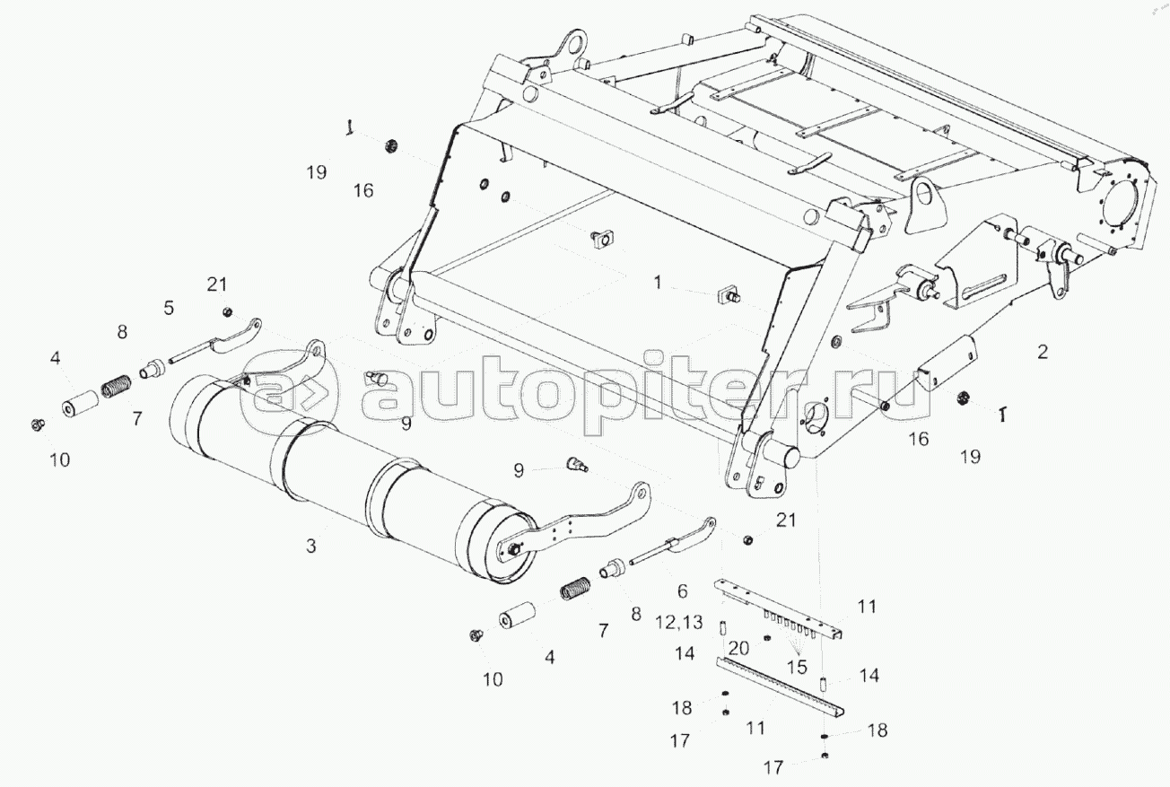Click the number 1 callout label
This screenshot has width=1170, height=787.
658,284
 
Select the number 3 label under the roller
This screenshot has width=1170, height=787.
310,545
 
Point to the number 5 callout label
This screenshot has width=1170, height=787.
168,309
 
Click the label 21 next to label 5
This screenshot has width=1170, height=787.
216,285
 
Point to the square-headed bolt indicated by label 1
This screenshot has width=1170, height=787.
728,295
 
